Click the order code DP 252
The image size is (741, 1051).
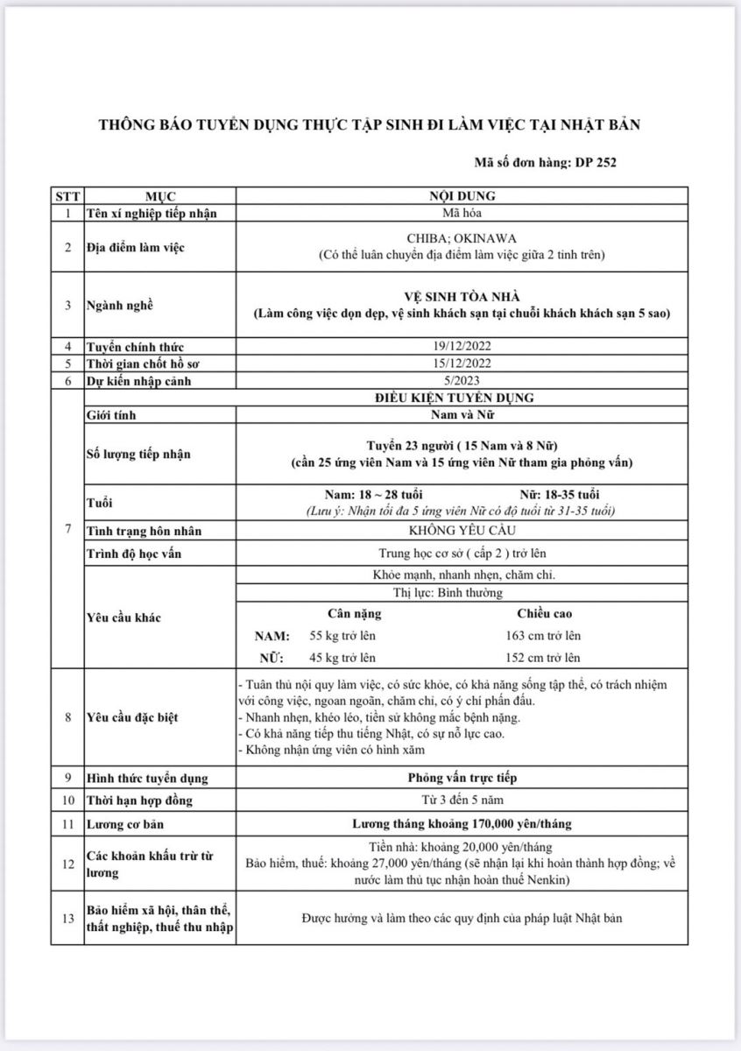pyautogui.click(x=600, y=162)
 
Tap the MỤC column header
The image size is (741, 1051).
pyautogui.click(x=160, y=196)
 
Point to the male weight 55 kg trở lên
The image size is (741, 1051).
pyautogui.click(x=342, y=636)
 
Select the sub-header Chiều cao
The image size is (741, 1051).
pyautogui.click(x=544, y=614)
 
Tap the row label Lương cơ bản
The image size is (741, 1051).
pyautogui.click(x=125, y=824)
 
